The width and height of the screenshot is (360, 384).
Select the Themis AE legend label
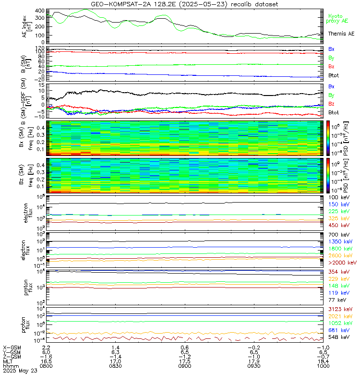pos(341,34)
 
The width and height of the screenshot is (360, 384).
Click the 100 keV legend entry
pos(338,198)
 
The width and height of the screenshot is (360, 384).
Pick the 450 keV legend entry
pos(338,225)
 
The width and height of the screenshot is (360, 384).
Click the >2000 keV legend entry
pos(342,263)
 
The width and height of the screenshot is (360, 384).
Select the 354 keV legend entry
pos(338,272)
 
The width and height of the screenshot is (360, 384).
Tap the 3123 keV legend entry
pos(340,309)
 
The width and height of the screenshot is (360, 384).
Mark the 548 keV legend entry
pos(338,337)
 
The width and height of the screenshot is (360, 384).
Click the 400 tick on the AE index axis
pos(40,11)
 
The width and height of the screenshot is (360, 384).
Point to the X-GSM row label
pos(12,347)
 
